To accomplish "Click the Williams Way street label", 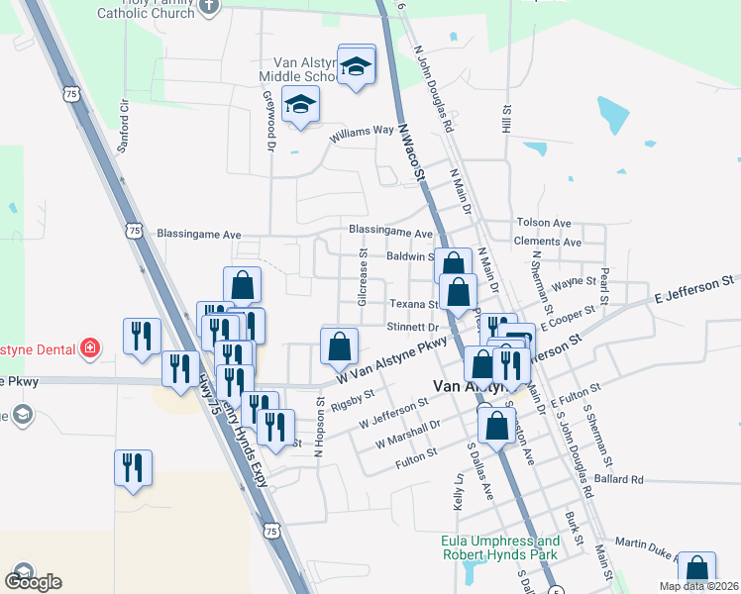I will pyautogui.click(x=363, y=132).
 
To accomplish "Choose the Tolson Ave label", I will pyautogui.click(x=544, y=224).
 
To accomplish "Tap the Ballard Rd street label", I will pyautogui.click(x=619, y=480).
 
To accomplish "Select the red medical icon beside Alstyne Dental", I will pyautogui.click(x=91, y=347).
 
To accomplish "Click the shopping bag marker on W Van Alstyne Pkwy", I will pyautogui.click(x=339, y=347).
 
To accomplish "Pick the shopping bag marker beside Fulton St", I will pyautogui.click(x=495, y=427).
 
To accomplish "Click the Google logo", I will pyautogui.click(x=33, y=581).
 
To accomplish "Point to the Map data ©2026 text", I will pyautogui.click(x=699, y=586).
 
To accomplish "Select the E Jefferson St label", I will pyautogui.click(x=692, y=290).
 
